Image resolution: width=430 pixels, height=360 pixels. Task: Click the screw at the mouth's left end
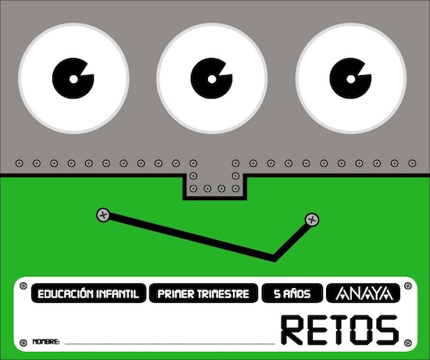(103, 214)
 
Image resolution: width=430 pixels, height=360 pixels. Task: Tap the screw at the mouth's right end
(312, 220)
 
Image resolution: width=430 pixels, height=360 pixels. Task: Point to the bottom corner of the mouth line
(274, 259)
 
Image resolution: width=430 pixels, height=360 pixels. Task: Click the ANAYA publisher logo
(363, 293)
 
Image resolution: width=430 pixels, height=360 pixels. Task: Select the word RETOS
(339, 329)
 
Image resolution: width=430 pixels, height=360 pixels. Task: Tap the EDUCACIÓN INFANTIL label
(88, 293)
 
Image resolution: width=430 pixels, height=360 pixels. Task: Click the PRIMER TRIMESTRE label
(203, 293)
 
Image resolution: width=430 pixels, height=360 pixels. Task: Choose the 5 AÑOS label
(292, 293)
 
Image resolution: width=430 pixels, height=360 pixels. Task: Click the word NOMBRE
(46, 341)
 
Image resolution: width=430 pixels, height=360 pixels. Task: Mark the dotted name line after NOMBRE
(170, 344)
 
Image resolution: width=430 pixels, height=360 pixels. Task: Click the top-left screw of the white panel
(23, 286)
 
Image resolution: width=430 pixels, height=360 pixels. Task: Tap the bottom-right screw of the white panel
(408, 343)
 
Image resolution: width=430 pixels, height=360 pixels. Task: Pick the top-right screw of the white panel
(408, 286)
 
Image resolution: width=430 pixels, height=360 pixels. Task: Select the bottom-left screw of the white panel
(23, 343)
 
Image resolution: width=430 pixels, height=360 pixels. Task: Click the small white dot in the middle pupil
(212, 79)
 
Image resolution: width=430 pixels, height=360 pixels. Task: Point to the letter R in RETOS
(292, 329)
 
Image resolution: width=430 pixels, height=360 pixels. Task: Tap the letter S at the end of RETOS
(387, 329)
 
